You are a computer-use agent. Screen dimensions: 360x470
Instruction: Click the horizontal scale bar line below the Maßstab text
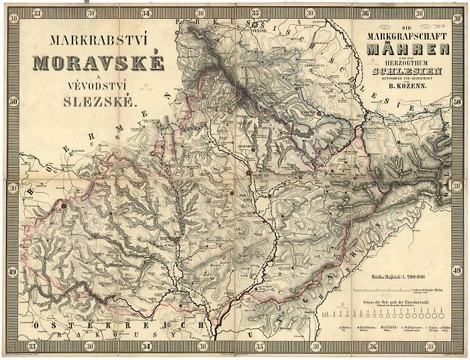pyautogui.click(x=396, y=288)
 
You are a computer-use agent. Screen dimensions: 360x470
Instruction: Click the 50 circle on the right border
pyautogui.click(x=458, y=102)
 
